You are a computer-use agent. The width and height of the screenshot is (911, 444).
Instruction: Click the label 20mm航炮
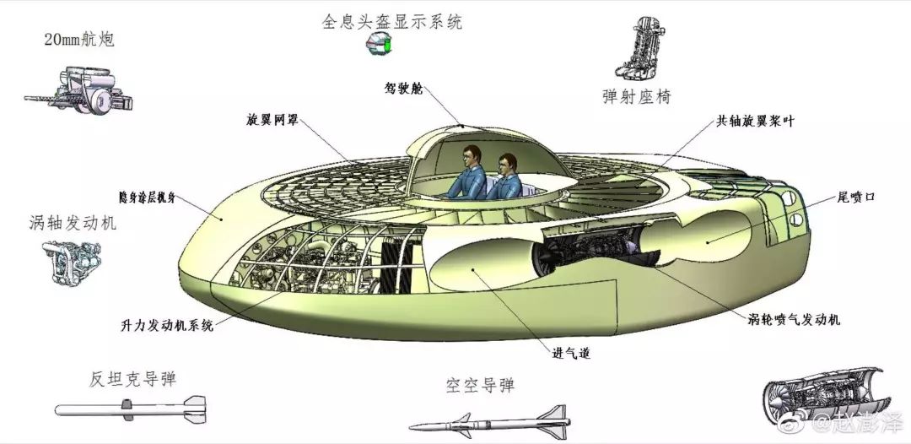click(79, 40)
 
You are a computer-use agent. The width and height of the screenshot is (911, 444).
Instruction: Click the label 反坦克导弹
click(132, 379)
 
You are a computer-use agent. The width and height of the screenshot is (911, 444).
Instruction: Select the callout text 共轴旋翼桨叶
click(755, 121)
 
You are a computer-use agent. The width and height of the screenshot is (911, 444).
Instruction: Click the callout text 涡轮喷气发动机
click(793, 320)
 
